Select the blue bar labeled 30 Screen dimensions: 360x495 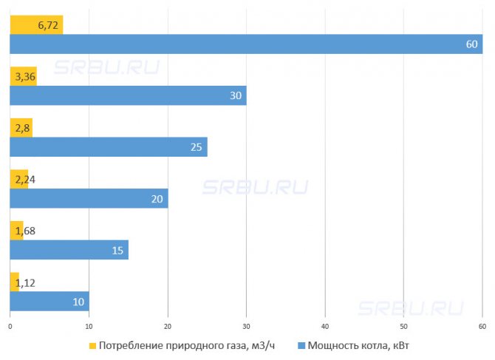click(x=128, y=95)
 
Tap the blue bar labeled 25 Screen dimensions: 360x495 click(x=108, y=147)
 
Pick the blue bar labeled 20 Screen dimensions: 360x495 click(x=89, y=198)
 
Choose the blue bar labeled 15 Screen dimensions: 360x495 click(x=69, y=250)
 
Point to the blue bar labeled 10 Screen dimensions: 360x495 click(x=49, y=301)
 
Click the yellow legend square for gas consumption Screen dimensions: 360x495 click(x=92, y=345)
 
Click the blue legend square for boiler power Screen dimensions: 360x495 click(x=301, y=345)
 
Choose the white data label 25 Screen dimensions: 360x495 click(x=196, y=147)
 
